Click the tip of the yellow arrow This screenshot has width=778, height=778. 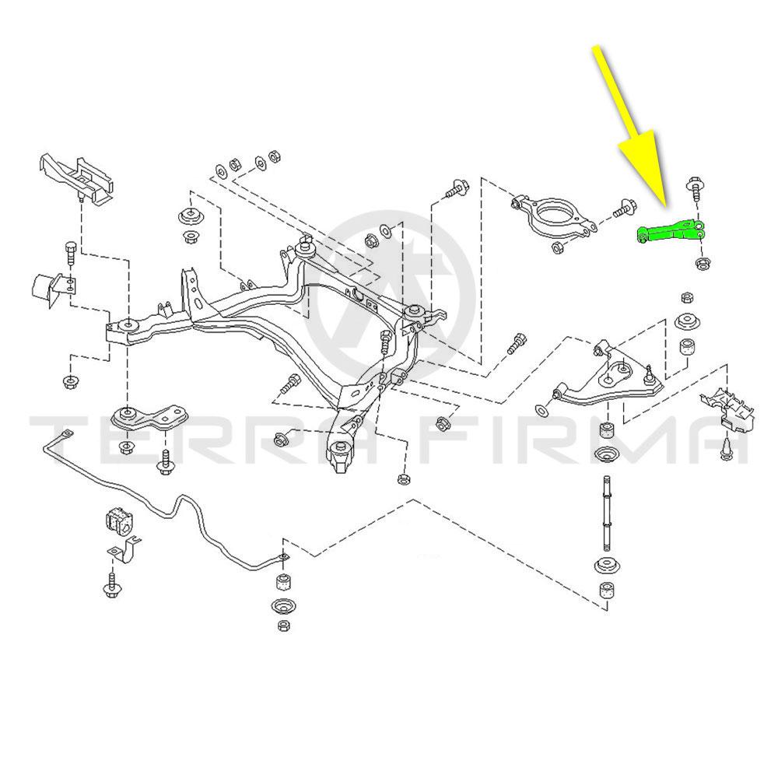click(665, 204)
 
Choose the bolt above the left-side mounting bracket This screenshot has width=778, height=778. click(68, 252)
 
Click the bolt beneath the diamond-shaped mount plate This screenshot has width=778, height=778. click(165, 461)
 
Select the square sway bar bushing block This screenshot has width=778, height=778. click(116, 520)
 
